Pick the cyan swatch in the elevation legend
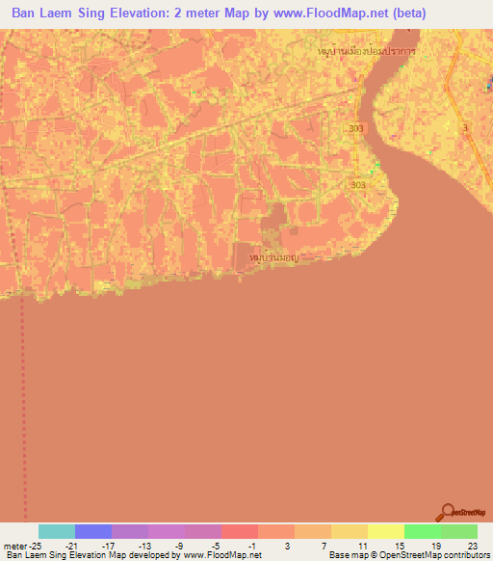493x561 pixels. click(56, 531)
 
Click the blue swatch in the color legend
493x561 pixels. click(92, 531)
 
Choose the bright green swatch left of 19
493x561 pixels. click(422, 531)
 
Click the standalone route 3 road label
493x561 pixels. click(465, 128)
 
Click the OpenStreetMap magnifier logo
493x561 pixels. click(446, 512)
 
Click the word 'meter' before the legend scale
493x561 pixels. click(15, 546)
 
